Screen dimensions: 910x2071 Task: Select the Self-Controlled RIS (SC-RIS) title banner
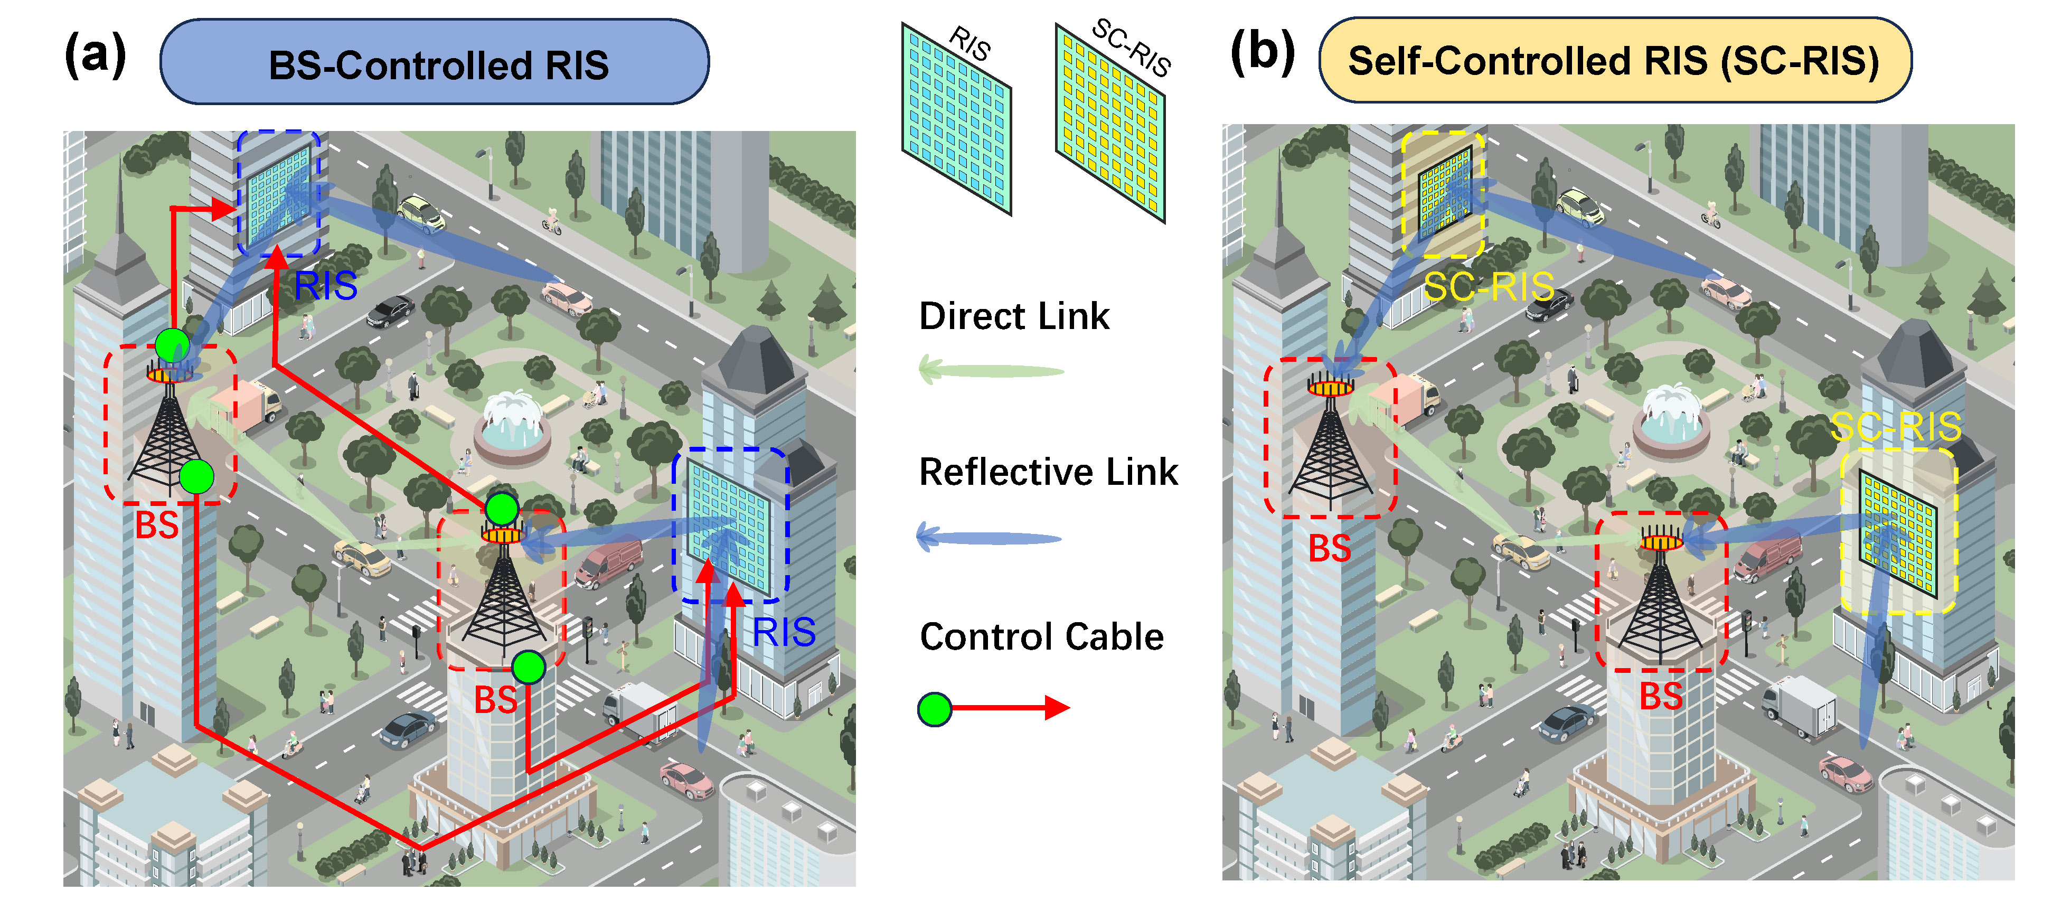pyautogui.click(x=1614, y=61)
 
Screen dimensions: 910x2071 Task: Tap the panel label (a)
pyautogui.click(x=95, y=55)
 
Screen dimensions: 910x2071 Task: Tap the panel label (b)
pyautogui.click(x=1262, y=52)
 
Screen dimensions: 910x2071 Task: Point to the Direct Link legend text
pyautogui.click(x=1014, y=316)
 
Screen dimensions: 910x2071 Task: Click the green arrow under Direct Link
pyautogui.click(x=991, y=371)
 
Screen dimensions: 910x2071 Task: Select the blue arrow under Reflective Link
pyautogui.click(x=989, y=537)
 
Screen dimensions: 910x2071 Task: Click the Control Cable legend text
pyautogui.click(x=1041, y=636)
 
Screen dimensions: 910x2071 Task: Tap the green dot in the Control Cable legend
pyautogui.click(x=934, y=709)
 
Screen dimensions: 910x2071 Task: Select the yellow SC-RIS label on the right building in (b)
pyautogui.click(x=1896, y=427)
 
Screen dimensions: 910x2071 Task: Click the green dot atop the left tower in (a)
pyautogui.click(x=172, y=345)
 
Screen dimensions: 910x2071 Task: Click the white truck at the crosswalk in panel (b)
pyautogui.click(x=1800, y=706)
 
